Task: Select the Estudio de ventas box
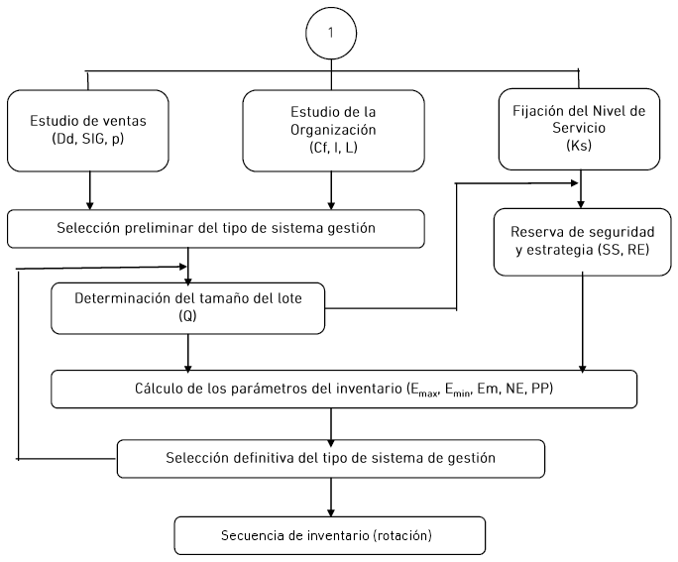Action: pyautogui.click(x=88, y=131)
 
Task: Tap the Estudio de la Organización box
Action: pyautogui.click(x=333, y=131)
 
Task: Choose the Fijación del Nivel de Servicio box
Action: pyautogui.click(x=579, y=129)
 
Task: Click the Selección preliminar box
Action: pyautogui.click(x=216, y=229)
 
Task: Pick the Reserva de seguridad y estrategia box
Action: pyautogui.click(x=582, y=242)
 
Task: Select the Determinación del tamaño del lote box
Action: pyautogui.click(x=187, y=308)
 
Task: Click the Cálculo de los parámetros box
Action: pyautogui.click(x=344, y=390)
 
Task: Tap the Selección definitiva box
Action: pyautogui.click(x=331, y=459)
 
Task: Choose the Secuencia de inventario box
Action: pyautogui.click(x=330, y=535)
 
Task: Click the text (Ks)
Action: pyautogui.click(x=579, y=146)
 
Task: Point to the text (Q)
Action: pyautogui.click(x=187, y=316)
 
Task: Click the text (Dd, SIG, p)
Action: pyautogui.click(x=88, y=139)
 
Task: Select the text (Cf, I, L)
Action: pyautogui.click(x=333, y=148)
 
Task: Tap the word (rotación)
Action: pyautogui.click(x=402, y=535)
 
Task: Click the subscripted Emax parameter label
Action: pyautogui.click(x=422, y=390)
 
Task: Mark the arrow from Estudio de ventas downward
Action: pyautogui.click(x=89, y=190)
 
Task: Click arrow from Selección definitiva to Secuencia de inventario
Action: pyautogui.click(x=331, y=498)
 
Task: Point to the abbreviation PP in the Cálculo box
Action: pyautogui.click(x=540, y=389)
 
